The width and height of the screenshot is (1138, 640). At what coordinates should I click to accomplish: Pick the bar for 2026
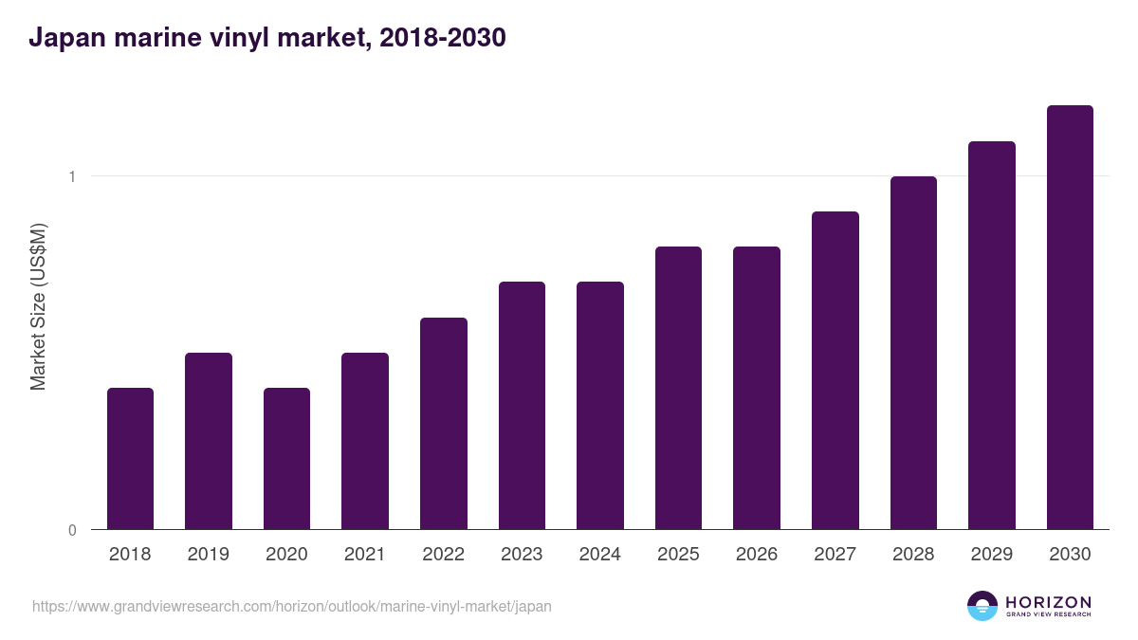click(x=757, y=388)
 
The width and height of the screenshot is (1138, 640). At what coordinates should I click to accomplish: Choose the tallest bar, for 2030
click(x=1070, y=317)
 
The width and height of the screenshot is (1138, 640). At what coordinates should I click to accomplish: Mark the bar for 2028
click(x=913, y=353)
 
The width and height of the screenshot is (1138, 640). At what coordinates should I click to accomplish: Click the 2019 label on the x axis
click(x=208, y=555)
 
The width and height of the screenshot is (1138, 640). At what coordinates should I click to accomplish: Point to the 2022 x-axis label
click(x=443, y=555)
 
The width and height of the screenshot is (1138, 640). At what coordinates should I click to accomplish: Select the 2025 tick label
click(x=678, y=555)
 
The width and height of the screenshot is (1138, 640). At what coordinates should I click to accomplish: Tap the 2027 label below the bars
click(x=835, y=555)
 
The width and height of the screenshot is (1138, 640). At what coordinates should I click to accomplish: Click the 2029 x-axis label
click(x=991, y=555)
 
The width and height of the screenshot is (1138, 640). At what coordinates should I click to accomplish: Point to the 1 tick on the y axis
click(x=71, y=176)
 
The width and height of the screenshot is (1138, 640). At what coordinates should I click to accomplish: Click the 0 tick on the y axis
click(x=71, y=530)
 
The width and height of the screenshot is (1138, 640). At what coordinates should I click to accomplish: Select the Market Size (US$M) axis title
click(x=39, y=306)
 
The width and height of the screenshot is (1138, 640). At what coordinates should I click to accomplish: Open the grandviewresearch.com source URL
click(x=291, y=606)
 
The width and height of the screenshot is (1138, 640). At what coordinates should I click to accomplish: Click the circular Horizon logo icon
click(x=982, y=606)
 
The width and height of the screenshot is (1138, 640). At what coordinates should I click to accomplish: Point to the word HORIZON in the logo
click(x=1049, y=602)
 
